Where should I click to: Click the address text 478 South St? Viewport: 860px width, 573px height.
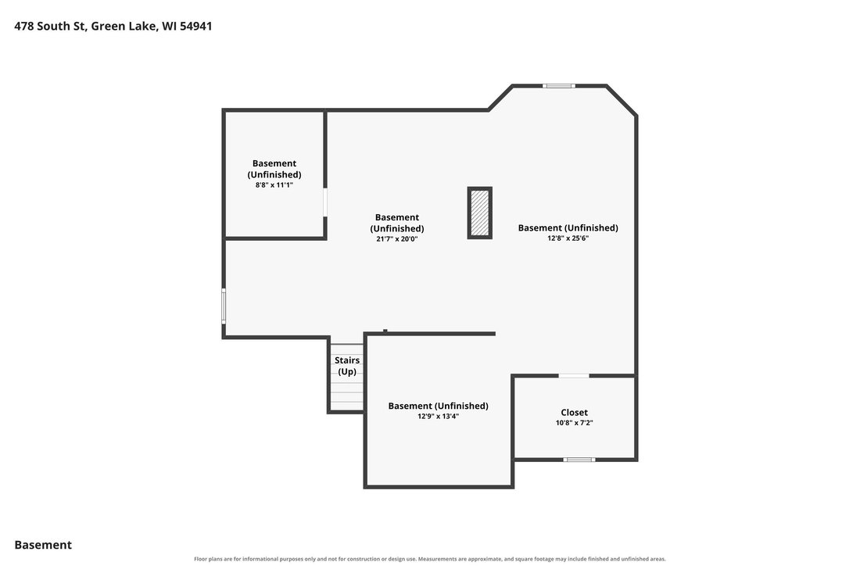50,27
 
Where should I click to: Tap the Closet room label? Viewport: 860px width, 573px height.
575,412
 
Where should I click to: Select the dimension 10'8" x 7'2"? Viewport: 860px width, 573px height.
575,423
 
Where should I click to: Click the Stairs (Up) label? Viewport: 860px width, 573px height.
347,366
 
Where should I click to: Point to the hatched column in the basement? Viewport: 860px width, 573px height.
480,213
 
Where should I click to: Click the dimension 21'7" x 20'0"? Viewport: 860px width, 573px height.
397,238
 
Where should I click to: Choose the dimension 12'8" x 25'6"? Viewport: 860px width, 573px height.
568,238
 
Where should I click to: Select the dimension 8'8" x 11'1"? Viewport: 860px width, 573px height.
274,184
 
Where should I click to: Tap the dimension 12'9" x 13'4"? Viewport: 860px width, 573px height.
439,416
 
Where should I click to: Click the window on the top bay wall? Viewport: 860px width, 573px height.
559,85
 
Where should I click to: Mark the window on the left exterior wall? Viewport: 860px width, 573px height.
224,306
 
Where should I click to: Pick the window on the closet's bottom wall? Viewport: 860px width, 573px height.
579,460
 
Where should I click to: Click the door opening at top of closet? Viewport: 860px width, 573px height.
574,375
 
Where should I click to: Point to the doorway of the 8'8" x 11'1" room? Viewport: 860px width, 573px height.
325,202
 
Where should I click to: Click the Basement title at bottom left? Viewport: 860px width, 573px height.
43,545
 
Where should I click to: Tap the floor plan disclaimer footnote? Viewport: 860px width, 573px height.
430,559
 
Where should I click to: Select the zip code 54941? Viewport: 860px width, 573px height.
195,27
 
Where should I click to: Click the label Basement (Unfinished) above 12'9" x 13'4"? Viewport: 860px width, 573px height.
439,406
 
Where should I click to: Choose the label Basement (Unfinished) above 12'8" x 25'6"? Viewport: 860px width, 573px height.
568,227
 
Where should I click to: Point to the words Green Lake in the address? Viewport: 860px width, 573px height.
124,27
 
